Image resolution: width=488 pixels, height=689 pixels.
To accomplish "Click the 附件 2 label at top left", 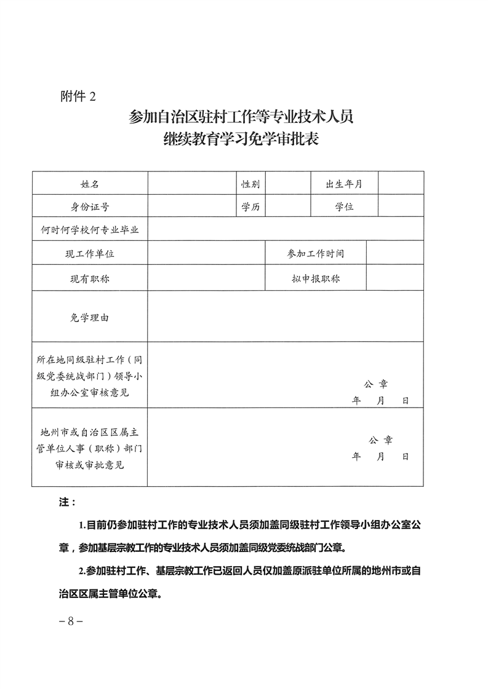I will pyautogui.click(x=78, y=96).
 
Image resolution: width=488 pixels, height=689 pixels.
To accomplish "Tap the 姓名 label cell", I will pyautogui.click(x=90, y=184).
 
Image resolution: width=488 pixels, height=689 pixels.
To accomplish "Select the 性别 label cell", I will pyautogui.click(x=250, y=184).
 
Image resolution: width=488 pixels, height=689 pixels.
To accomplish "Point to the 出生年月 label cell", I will pyautogui.click(x=344, y=184).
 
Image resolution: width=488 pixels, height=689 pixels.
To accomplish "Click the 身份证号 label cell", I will pyautogui.click(x=90, y=207).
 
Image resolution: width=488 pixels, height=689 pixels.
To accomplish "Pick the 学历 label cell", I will pyautogui.click(x=250, y=207).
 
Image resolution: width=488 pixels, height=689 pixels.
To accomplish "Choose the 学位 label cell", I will pyautogui.click(x=344, y=207).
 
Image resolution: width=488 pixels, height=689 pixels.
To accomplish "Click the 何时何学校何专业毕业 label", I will pyautogui.click(x=90, y=230).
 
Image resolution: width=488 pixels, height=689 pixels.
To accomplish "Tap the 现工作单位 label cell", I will pyautogui.click(x=90, y=253).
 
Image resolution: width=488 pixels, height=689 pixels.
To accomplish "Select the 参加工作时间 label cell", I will pyautogui.click(x=316, y=253).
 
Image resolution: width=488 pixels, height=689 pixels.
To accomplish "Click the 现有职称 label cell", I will pyautogui.click(x=90, y=278).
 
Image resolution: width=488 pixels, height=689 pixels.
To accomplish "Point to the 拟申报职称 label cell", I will pyautogui.click(x=316, y=278).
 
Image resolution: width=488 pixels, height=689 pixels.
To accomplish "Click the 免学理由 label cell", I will pyautogui.click(x=90, y=317).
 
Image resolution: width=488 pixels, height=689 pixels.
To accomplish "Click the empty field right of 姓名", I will pyautogui.click(x=191, y=184).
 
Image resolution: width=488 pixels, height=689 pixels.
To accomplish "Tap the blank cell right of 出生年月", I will pyautogui.click(x=401, y=184).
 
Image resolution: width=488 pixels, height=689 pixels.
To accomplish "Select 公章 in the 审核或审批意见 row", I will pyautogui.click(x=380, y=440).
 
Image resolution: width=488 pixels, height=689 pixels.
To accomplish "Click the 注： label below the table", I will pyautogui.click(x=67, y=502).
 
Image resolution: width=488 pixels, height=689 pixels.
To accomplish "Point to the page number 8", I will pyautogui.click(x=71, y=621).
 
